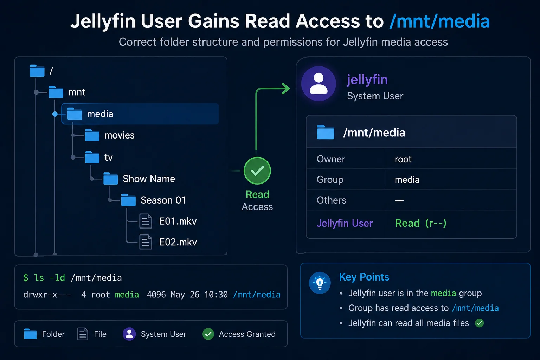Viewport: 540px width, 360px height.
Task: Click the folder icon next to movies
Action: [92, 135]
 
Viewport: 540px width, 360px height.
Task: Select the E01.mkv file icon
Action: [146, 221]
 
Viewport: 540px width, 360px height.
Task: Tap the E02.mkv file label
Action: [178, 242]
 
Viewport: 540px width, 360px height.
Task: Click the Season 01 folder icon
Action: [128, 200]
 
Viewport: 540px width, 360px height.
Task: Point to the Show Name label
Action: [149, 179]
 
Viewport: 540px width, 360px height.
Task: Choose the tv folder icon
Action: [92, 157]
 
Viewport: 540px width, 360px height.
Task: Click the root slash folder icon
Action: [37, 71]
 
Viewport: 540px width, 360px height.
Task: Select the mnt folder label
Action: [77, 92]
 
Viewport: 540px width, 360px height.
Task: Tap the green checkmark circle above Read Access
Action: [257, 171]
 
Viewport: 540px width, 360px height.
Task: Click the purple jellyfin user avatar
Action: [319, 83]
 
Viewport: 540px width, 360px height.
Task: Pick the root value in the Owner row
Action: [403, 159]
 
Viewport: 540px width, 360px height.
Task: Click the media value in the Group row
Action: [407, 180]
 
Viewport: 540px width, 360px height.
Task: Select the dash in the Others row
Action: [399, 200]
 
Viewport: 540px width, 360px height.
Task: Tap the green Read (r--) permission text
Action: [421, 223]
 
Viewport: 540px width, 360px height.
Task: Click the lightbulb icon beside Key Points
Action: [320, 283]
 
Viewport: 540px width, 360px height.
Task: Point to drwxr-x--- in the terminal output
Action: [47, 295]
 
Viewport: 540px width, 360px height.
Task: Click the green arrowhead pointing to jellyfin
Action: [286, 89]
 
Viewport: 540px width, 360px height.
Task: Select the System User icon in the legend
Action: [129, 334]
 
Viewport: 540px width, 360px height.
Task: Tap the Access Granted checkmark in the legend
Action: [208, 334]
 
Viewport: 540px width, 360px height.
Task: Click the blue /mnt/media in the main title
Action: [439, 21]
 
